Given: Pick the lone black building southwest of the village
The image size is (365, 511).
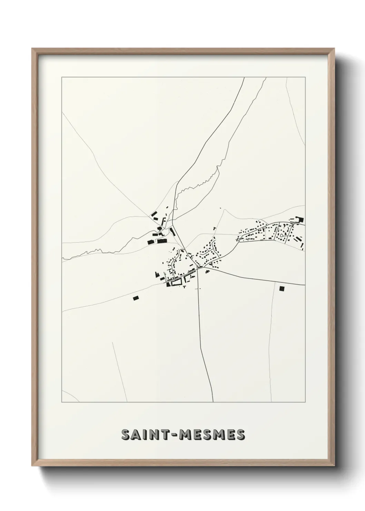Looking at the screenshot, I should coord(135,297).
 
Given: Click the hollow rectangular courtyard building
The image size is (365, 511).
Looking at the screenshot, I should coord(176,283).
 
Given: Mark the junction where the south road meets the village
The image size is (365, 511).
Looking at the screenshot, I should coord(199,269).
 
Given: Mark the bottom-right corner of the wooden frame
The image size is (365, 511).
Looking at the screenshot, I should coord(334,465).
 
